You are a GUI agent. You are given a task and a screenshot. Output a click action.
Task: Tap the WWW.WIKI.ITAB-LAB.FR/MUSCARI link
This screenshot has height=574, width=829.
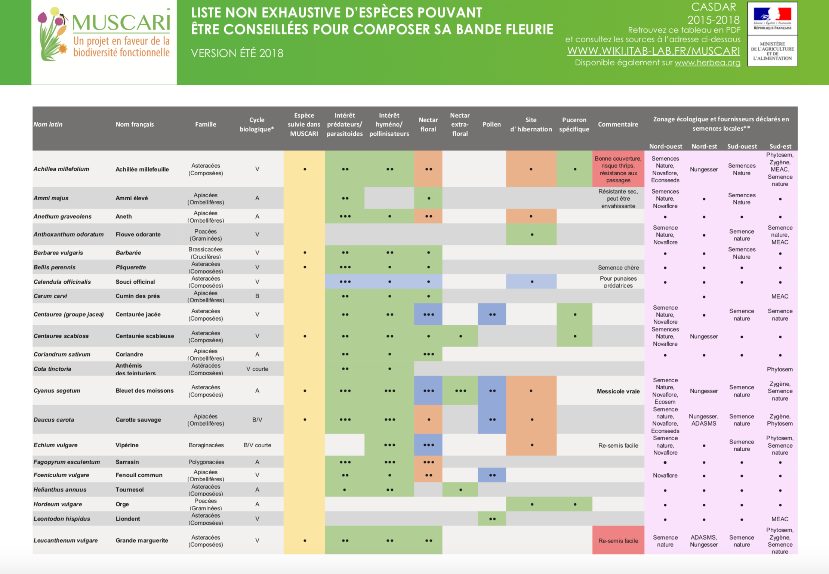pos(653,51)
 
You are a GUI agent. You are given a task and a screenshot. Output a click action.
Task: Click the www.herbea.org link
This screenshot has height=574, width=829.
pos(707,63)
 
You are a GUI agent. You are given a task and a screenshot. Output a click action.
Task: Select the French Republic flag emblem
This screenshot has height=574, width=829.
pos(772,16)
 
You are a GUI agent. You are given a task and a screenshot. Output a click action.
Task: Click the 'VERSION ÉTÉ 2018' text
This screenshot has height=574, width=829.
pos(237,53)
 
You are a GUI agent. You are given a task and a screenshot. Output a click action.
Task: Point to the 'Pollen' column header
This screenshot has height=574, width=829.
pos(491,124)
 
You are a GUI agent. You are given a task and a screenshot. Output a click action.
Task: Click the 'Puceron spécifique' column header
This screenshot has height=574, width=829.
pos(574,124)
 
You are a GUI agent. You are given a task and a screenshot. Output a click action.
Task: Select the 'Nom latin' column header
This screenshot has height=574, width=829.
pos(48,124)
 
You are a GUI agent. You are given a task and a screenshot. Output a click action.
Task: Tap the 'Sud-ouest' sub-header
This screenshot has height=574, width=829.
pos(742,146)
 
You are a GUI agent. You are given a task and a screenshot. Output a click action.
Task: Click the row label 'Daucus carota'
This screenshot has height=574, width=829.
pos(54,420)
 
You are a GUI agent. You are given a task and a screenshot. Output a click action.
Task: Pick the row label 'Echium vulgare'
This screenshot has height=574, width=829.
pos(55,445)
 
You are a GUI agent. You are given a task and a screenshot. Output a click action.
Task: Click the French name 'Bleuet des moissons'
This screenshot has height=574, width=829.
pos(144,391)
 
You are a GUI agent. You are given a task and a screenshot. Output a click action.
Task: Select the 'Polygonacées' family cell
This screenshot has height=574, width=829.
pos(206,462)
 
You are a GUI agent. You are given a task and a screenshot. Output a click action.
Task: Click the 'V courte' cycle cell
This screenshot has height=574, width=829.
pos(257,369)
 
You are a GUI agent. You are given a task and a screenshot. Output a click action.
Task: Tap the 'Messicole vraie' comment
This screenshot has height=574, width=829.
pos(618,391)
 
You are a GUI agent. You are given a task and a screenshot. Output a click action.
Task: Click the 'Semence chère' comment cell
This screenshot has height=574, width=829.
pos(618,268)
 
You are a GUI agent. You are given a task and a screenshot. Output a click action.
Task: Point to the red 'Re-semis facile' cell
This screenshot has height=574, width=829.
pos(618,541)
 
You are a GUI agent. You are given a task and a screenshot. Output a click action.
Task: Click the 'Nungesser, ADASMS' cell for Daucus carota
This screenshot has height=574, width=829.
pos(703,420)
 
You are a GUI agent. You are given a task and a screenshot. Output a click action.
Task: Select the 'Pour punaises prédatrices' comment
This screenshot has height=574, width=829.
pos(618,282)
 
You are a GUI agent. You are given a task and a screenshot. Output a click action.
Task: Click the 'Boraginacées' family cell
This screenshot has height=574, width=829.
pos(206,445)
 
